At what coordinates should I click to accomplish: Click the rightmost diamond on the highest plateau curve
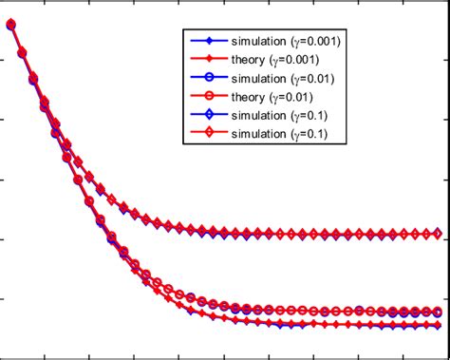(x=437, y=233)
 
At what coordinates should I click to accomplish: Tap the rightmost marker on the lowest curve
(x=437, y=325)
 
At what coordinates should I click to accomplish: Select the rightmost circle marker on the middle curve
(x=437, y=311)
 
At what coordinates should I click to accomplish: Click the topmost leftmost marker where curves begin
(x=11, y=26)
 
